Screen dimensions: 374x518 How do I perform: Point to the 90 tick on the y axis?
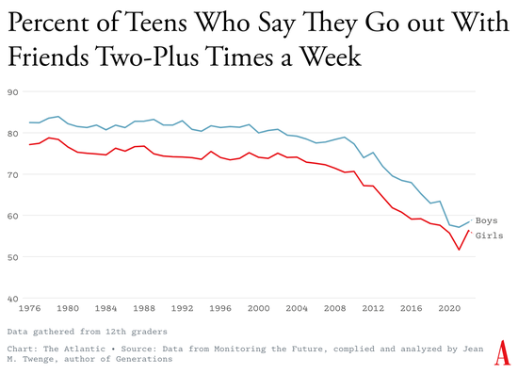tap(13, 92)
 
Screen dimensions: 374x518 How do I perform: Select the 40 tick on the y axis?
tap(13, 299)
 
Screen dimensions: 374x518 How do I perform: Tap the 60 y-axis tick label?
tap(13, 216)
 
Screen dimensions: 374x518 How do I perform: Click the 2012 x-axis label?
tap(373, 308)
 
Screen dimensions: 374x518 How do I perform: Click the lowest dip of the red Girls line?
tap(459, 250)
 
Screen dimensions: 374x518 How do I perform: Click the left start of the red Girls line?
tap(29, 144)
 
